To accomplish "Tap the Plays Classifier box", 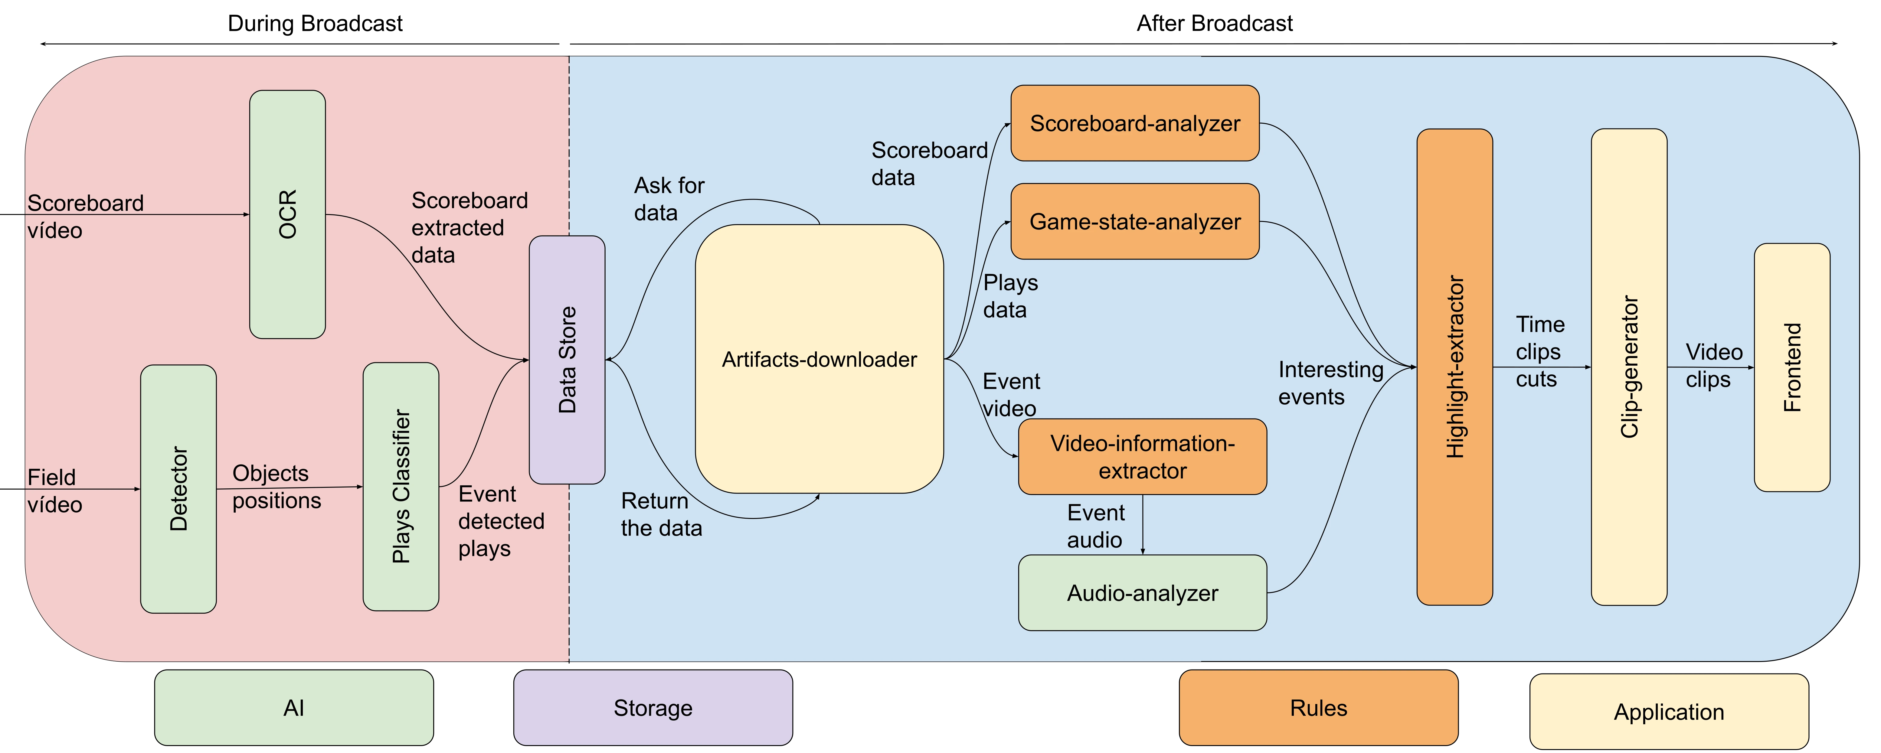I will tap(401, 486).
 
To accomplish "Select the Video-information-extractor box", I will tap(1142, 457).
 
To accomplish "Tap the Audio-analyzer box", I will tap(1142, 592).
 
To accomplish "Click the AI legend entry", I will tap(293, 708).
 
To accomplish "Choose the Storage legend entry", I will tap(653, 708).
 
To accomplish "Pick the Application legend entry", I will tap(1669, 711).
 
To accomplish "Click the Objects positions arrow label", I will tap(276, 487).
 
